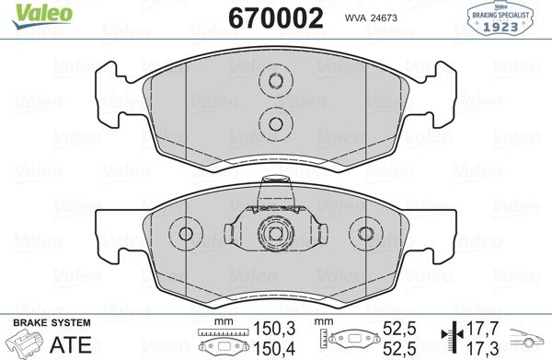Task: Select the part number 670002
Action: tap(267, 17)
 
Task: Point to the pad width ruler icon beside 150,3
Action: tap(224, 339)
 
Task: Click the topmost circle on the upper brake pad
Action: tap(273, 83)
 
